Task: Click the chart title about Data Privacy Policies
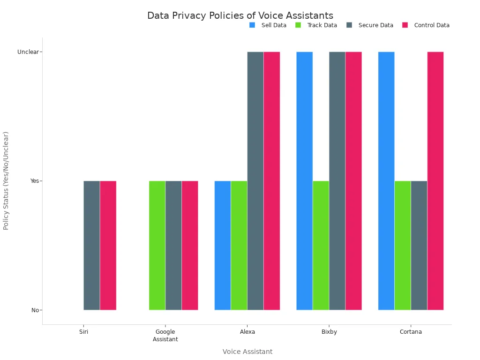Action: point(240,15)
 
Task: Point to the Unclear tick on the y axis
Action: point(28,52)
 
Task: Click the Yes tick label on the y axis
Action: point(35,181)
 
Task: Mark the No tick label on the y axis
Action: point(35,310)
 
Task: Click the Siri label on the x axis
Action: point(83,332)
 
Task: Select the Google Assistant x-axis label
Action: point(165,335)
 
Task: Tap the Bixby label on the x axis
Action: point(329,332)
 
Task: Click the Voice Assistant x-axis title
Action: point(247,352)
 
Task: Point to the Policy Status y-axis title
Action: point(6,180)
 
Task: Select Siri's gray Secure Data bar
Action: point(92,245)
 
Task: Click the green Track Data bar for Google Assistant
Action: point(157,245)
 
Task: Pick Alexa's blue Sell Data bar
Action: point(223,245)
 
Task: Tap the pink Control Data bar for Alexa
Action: point(272,181)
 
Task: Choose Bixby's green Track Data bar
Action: point(321,245)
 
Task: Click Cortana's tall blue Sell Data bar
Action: point(386,181)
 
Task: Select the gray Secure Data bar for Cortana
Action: point(419,245)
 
